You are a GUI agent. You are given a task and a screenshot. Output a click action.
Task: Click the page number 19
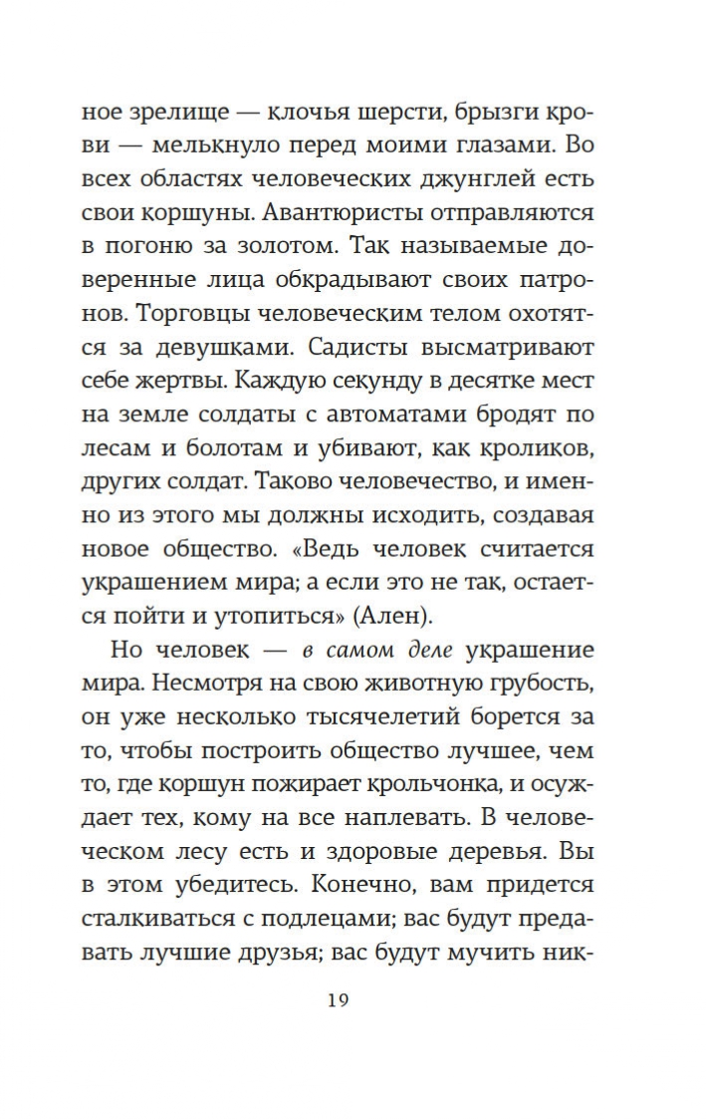click(338, 1000)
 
